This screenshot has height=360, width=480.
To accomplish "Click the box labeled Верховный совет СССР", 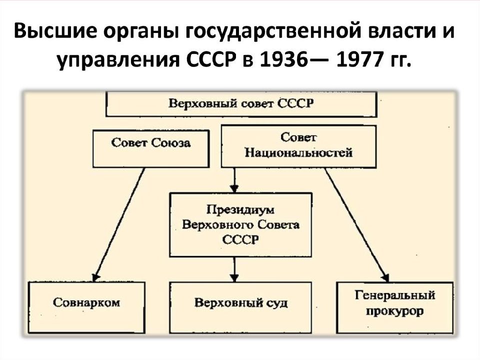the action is click(241, 104).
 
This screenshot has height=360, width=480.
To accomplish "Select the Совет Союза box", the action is click(151, 149).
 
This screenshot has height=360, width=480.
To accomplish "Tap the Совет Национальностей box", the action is click(298, 146).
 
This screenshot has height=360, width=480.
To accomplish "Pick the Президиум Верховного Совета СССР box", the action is click(240, 224).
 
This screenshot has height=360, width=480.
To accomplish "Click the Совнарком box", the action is click(86, 307).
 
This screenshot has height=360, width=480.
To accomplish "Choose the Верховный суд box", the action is click(240, 307).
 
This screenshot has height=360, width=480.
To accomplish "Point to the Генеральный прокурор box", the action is click(395, 307).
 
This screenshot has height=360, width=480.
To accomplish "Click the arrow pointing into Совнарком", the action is click(119, 224).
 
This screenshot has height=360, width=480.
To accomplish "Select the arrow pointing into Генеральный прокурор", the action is click(357, 224).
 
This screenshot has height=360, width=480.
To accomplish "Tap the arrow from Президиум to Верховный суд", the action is click(234, 269).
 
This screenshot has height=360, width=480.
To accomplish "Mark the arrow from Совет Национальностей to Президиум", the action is click(234, 180).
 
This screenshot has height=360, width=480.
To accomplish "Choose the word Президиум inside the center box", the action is click(240, 210).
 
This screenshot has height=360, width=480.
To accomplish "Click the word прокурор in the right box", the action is click(395, 311).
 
